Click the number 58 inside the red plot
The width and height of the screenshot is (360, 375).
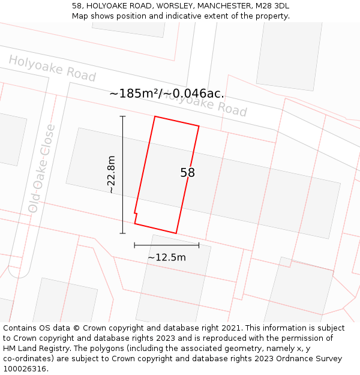tap(187, 173)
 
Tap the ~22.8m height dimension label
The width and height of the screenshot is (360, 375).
tap(111, 174)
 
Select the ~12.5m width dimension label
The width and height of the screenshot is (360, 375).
tap(167, 257)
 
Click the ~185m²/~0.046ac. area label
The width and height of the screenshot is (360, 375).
tap(167, 94)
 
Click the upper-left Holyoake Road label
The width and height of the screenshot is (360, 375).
tap(52, 68)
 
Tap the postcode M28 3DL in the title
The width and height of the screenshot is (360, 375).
tap(274, 5)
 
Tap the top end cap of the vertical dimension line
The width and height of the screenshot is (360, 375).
tap(123, 116)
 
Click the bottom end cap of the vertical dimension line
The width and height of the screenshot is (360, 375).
tap(123, 233)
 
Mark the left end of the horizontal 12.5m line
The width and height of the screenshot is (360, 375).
tap(134, 245)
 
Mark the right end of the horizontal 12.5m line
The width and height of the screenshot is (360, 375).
tap(199, 245)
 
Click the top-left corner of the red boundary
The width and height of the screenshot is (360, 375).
tap(155, 116)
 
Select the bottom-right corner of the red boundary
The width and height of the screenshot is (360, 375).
tap(176, 233)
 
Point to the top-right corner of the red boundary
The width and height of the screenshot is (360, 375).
tap(199, 126)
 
